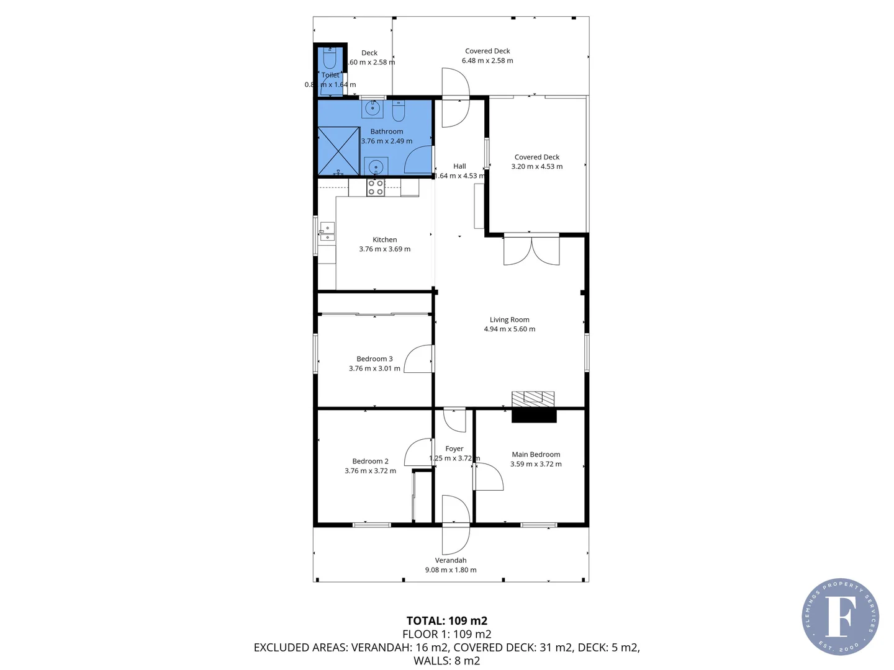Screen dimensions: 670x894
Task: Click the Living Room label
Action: click(x=509, y=319)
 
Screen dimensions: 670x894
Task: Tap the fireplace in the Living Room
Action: click(x=533, y=406)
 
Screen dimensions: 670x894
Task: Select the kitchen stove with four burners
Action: click(x=375, y=187)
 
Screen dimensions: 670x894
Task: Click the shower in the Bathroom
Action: click(x=338, y=151)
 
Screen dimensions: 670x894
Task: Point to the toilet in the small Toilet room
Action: click(x=330, y=59)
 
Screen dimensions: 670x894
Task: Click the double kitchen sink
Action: click(x=327, y=232)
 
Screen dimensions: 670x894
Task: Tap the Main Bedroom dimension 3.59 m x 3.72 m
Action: click(x=536, y=464)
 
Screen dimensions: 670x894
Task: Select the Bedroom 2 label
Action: click(x=370, y=461)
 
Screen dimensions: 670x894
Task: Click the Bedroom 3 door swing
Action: click(x=418, y=359)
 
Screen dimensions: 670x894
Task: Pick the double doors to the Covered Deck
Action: click(x=531, y=250)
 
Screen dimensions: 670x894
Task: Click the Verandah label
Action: click(x=451, y=560)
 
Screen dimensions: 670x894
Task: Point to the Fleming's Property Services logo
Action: click(x=840, y=617)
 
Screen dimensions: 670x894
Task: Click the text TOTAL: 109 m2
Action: click(x=446, y=620)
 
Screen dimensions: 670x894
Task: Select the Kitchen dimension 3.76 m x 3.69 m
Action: click(x=384, y=249)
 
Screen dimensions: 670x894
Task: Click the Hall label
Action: click(x=459, y=166)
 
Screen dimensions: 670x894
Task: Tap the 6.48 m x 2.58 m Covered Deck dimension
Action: click(x=487, y=61)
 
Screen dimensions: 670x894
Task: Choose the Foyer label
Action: click(x=454, y=449)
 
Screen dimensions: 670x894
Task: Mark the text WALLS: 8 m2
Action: click(x=446, y=661)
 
